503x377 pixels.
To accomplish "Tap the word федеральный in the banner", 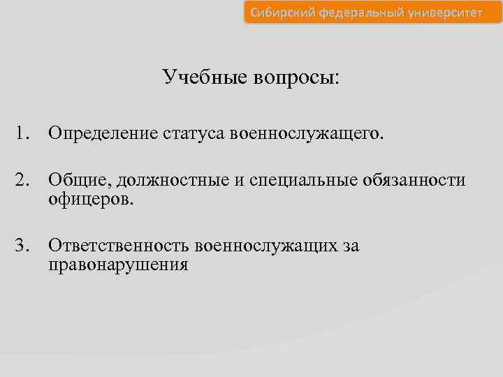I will (x=355, y=13).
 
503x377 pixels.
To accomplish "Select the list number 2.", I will (x=24, y=180).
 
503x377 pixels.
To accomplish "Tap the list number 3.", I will (x=24, y=245).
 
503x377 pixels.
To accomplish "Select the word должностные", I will (x=173, y=180).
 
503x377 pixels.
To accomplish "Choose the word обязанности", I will (x=414, y=180).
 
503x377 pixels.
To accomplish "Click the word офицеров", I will (x=91, y=200).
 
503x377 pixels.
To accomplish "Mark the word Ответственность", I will (x=119, y=245).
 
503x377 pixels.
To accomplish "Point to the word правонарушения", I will (x=118, y=265).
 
